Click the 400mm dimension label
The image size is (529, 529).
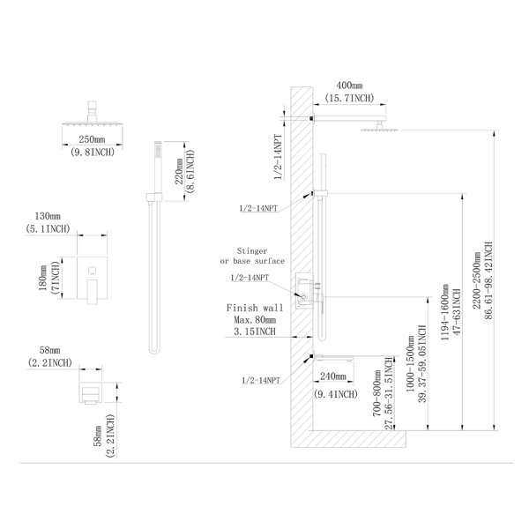[349, 85]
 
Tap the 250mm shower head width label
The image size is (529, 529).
[92, 139]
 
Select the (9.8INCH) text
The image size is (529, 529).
[92, 152]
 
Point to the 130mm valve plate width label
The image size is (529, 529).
[48, 216]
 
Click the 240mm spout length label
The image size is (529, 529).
[333, 376]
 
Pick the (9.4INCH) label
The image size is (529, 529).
[335, 394]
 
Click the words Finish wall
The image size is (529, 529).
[255, 308]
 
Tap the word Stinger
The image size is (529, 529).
[252, 251]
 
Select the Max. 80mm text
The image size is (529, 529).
[255, 319]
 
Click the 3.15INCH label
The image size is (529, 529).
[255, 332]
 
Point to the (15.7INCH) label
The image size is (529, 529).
[349, 98]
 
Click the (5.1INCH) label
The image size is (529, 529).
[48, 228]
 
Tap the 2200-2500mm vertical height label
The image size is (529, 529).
[476, 280]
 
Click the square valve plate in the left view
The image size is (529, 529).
[92, 279]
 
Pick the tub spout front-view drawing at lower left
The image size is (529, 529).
[91, 392]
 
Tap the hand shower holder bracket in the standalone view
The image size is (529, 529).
[154, 197]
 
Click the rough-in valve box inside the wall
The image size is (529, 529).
[304, 290]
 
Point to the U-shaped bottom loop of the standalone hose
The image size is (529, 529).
[154, 351]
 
